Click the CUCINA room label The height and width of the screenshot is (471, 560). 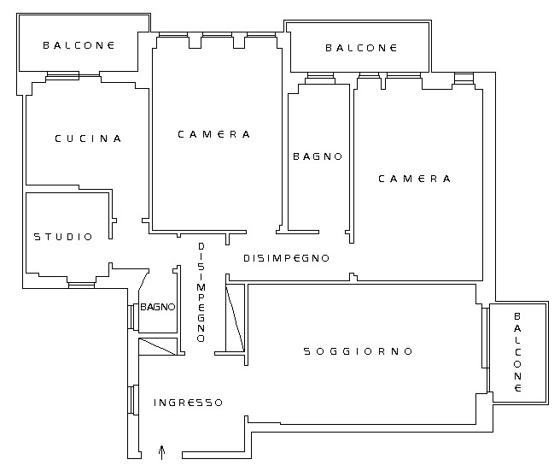click(x=88, y=138)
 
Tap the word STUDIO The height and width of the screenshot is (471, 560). click(x=63, y=237)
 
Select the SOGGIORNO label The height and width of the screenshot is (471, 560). click(x=358, y=351)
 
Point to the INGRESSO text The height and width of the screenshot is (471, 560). click(x=188, y=403)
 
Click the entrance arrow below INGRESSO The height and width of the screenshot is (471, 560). click(x=162, y=452)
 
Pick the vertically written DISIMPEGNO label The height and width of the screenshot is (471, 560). click(x=201, y=292)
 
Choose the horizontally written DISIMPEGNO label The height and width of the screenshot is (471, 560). click(x=286, y=258)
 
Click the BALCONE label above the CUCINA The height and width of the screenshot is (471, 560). click(x=79, y=45)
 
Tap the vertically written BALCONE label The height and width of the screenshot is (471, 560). click(x=517, y=352)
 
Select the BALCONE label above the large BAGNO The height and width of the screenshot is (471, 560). click(x=361, y=48)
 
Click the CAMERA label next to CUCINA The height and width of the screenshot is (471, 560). click(x=213, y=134)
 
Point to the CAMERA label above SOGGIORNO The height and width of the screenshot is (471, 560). click(x=414, y=179)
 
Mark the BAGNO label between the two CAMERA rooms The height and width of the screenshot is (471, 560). click(x=318, y=156)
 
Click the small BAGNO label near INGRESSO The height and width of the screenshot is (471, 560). click(x=157, y=307)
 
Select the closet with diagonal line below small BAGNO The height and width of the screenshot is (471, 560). click(x=158, y=346)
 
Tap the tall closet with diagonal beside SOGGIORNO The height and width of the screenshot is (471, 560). click(x=236, y=318)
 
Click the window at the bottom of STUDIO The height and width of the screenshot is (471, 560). click(x=81, y=285)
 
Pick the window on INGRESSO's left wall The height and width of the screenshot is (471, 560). click(x=133, y=400)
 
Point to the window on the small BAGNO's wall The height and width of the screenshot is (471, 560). click(x=133, y=316)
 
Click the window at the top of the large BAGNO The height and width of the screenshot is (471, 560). click(x=320, y=78)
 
